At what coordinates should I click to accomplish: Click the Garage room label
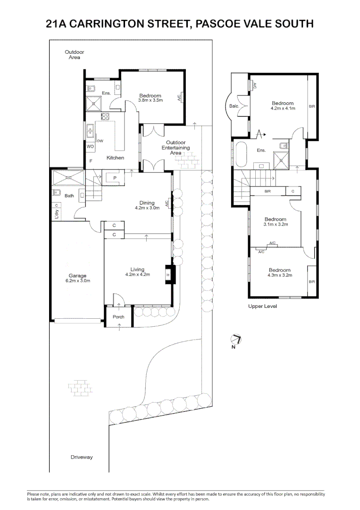[77, 276]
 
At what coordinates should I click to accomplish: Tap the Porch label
[118, 317]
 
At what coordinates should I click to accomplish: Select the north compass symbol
[236, 340]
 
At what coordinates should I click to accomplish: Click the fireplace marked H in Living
[169, 275]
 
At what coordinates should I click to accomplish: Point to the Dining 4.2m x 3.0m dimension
[147, 208]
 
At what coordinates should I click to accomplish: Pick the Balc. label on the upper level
[234, 106]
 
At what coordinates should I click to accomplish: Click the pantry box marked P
[115, 178]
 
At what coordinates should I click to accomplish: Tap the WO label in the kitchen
[90, 147]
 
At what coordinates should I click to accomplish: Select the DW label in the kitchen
[100, 141]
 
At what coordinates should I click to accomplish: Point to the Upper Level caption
[262, 306]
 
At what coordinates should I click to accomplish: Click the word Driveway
[82, 457]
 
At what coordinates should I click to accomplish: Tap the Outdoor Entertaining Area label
[176, 148]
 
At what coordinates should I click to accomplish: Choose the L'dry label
[57, 214]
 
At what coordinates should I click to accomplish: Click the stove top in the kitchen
[105, 117]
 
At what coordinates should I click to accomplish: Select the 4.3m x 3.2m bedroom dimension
[280, 275]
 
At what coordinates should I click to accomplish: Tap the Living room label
[137, 269]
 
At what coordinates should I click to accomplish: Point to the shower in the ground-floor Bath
[68, 178]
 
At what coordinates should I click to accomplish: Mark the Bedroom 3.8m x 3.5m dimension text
[151, 101]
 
